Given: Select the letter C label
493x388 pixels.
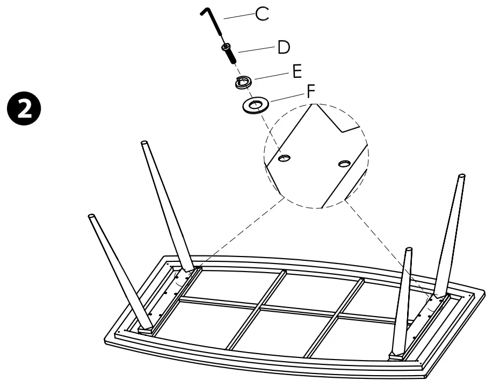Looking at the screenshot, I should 262,14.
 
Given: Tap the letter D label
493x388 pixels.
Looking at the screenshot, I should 284,48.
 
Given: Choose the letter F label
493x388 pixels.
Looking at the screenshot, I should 311,92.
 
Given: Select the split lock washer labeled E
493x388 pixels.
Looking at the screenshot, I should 243,82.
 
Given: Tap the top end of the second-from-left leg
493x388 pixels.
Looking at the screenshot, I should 144,143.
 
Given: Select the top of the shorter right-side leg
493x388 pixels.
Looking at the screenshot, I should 409,250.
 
